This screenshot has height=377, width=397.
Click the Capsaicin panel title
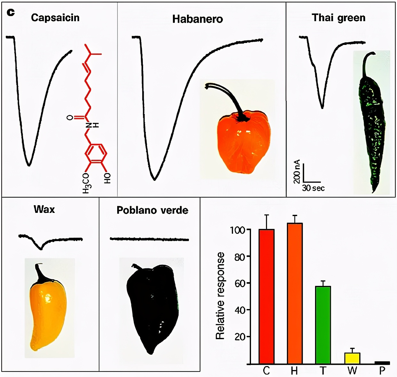click(55, 18)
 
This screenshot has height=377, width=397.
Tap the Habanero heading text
click(197, 19)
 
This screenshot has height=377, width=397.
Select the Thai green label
click(338, 18)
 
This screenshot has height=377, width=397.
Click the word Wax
click(44, 210)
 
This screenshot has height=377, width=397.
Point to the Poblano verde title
click(152, 210)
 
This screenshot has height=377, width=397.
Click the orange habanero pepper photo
click(243, 141)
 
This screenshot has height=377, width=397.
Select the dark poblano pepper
click(152, 308)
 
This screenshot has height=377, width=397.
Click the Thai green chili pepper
click(372, 125)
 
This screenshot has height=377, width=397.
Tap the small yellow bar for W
click(352, 358)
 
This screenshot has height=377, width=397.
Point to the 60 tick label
click(240, 283)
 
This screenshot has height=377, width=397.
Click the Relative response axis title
click(220, 296)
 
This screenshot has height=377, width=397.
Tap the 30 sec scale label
click(313, 188)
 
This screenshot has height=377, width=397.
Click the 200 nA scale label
click(297, 172)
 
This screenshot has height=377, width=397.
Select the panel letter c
click(11, 13)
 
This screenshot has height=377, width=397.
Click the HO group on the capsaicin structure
click(108, 178)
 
